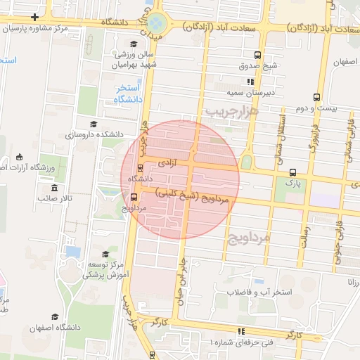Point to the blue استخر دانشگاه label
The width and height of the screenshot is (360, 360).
point(129,94)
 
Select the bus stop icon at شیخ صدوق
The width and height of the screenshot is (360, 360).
point(258,54)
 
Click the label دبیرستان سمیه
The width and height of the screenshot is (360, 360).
point(253,91)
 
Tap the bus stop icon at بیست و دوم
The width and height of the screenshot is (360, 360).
point(317,96)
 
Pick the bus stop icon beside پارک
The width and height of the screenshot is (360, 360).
point(293,172)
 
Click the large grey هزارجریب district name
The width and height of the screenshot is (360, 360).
point(233,111)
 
